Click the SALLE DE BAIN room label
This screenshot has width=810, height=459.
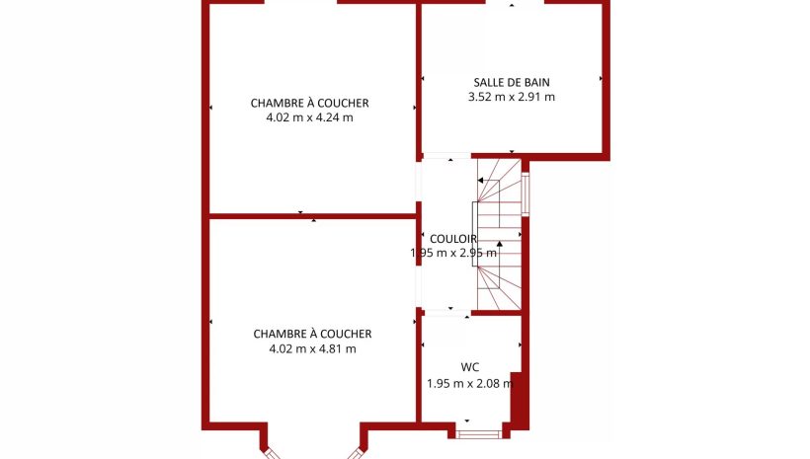[512, 82]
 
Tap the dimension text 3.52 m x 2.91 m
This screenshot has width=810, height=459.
[512, 97]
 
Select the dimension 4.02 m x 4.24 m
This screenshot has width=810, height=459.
[309, 117]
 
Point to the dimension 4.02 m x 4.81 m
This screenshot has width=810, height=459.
[312, 349]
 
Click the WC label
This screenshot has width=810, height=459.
[469, 367]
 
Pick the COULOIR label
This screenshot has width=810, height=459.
[453, 239]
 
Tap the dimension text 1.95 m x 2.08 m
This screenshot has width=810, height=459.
[470, 384]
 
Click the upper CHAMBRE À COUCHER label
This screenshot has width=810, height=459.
[309, 104]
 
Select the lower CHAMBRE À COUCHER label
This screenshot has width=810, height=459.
[312, 334]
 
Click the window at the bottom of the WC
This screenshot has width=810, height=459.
[478, 433]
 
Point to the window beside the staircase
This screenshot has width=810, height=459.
[526, 194]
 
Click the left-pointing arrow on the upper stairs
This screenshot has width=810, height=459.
[488, 181]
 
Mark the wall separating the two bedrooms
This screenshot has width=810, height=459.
[312, 216]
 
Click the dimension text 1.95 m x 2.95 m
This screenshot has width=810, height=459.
[453, 253]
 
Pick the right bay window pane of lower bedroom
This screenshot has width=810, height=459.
[355, 453]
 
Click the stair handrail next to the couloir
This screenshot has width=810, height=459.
[474, 234]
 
